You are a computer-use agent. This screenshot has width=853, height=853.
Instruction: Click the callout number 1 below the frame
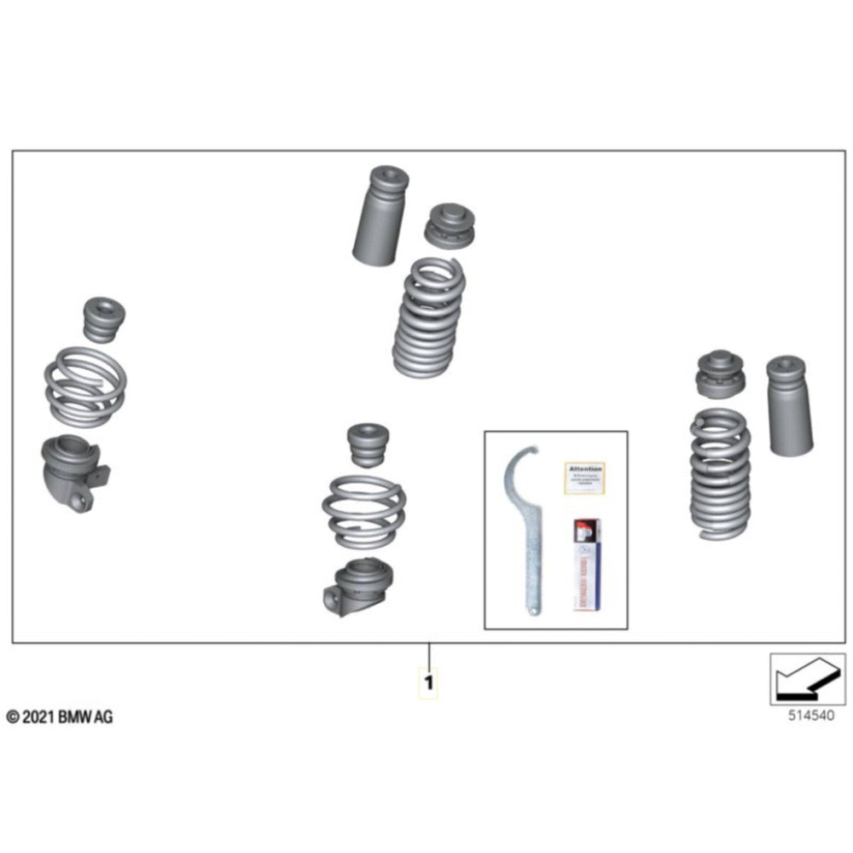tap(429, 683)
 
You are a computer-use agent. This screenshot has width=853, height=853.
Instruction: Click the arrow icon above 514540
tap(807, 679)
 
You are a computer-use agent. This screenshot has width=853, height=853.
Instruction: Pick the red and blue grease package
tap(586, 564)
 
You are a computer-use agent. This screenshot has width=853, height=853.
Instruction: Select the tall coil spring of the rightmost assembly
tap(720, 473)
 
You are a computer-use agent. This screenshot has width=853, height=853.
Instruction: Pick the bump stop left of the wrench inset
tap(368, 444)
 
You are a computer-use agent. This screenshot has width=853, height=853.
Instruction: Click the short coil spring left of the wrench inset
tap(363, 511)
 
